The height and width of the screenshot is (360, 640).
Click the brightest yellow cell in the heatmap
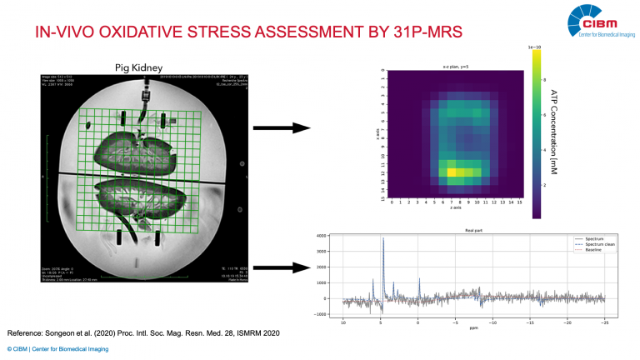coord(451,172)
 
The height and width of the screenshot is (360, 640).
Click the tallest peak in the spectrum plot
coord(382,240)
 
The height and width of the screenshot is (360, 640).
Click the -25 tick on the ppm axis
coord(603,320)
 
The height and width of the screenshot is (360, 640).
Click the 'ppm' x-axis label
coord(472,327)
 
